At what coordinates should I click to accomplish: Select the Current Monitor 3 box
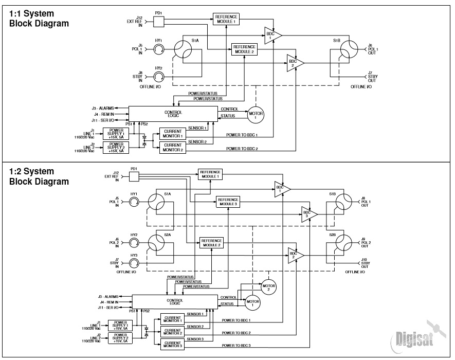173,343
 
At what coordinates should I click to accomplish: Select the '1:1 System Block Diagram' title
39,19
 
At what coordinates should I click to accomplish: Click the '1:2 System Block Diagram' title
39,176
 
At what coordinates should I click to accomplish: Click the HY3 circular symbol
134,263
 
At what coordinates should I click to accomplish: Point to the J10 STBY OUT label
364,263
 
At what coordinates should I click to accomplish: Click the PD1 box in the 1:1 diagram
158,22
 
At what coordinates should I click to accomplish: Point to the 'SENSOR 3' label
195,340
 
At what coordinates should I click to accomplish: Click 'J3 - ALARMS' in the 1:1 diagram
104,107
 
